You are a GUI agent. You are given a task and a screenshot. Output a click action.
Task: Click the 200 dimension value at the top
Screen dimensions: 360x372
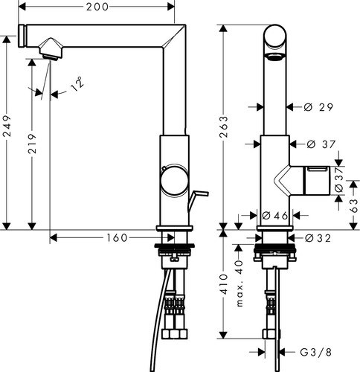tap(97, 7)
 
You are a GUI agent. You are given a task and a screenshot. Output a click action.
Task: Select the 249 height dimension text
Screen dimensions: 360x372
tap(7, 126)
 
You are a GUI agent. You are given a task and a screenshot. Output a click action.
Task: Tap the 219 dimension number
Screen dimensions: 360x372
tap(32, 144)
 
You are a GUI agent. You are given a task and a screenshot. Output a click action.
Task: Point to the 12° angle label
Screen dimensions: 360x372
tap(77, 83)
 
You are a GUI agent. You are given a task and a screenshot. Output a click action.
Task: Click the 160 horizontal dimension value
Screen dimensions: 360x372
tap(117, 238)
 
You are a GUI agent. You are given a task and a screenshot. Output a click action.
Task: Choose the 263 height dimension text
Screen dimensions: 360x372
tap(224, 126)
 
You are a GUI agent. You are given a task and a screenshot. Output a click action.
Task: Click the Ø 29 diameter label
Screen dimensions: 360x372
tap(318, 107)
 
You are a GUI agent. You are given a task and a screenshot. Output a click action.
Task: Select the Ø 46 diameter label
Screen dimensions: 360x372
tap(274, 216)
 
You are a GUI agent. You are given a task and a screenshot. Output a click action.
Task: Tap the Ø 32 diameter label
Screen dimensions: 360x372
tap(318, 238)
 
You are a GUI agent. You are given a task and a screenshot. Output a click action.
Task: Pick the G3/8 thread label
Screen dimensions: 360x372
tap(315, 352)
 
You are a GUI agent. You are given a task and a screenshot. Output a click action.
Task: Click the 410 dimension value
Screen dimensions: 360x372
tap(224, 284)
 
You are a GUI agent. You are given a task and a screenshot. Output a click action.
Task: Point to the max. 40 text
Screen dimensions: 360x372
tap(239, 283)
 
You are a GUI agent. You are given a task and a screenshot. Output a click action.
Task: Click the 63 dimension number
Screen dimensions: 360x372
tap(354, 205)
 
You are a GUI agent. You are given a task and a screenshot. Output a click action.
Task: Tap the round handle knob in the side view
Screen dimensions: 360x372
tap(175, 180)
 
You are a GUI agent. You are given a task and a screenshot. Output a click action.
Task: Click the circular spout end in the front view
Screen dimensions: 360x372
tap(275, 36)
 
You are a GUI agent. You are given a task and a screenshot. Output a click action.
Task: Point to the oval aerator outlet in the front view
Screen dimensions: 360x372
tap(275, 57)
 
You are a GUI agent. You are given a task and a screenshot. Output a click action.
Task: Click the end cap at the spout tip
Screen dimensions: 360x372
tap(22, 36)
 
